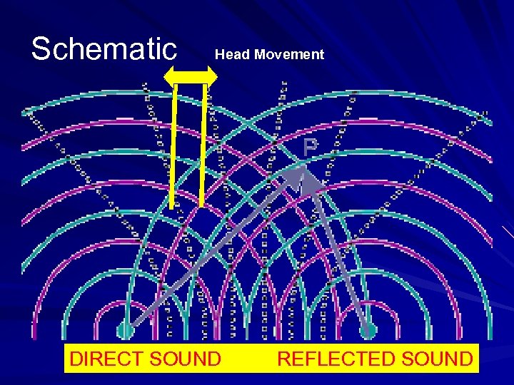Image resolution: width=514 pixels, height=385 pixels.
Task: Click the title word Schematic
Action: point(104,49)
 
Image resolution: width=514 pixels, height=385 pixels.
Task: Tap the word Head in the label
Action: point(231,54)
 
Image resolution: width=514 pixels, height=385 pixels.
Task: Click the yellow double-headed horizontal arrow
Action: point(191,76)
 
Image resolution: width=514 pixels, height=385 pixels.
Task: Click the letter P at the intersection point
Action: point(309,148)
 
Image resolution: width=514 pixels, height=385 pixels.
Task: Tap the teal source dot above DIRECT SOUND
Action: point(125,330)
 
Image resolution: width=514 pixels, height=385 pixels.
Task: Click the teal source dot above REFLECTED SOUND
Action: point(368,330)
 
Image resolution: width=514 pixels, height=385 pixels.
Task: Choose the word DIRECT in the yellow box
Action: point(107,359)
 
